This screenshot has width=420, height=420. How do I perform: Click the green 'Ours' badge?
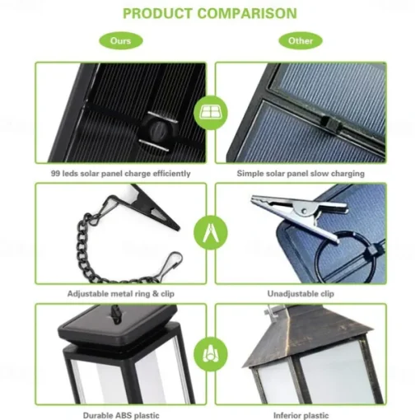pos(121,41)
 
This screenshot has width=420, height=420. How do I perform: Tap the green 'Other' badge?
pos(301,41)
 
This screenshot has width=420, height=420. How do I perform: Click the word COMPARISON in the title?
pos(247,13)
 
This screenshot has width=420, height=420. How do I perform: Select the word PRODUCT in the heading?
pos(157,13)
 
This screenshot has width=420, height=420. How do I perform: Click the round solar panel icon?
pos(211,113)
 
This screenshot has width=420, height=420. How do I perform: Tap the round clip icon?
pos(211,233)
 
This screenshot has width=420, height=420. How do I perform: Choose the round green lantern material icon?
pos(211,354)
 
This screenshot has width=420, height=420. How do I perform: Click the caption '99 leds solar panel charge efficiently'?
pos(121,174)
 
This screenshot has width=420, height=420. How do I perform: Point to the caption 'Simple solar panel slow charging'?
pos(301,174)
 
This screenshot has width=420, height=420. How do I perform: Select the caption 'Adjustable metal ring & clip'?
pos(121,294)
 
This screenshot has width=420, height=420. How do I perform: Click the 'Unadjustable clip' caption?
pos(301,294)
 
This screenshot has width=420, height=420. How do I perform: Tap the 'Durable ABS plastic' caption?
pos(121,415)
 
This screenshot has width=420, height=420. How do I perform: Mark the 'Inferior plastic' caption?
pos(301,415)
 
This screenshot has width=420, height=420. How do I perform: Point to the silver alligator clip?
pos(299,215)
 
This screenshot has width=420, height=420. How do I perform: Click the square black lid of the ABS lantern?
pos(118,323)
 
